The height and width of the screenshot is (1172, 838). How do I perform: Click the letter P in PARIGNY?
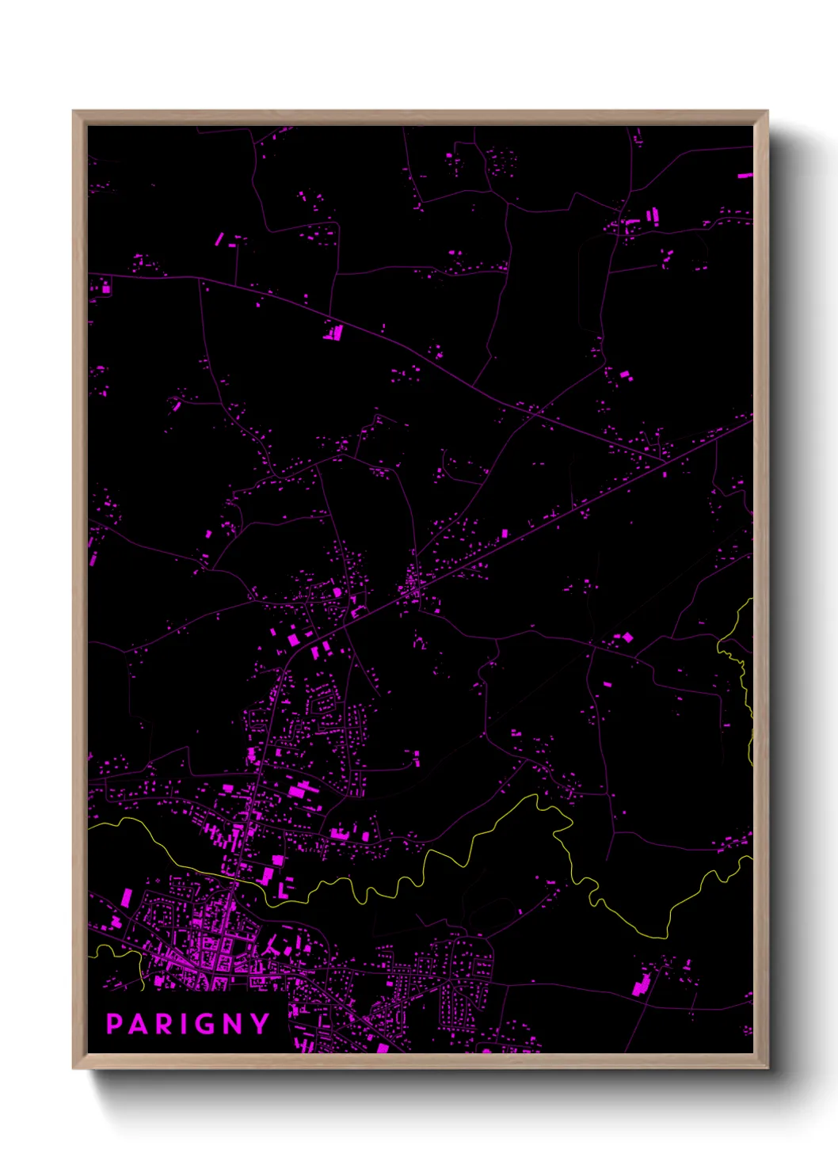point(114,1024)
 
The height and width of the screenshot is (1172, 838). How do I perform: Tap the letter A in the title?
point(138,1024)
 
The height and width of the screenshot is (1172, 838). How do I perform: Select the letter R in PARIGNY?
point(163,1024)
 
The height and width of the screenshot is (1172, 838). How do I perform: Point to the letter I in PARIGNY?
point(183,1024)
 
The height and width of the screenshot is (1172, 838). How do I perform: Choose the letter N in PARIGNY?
point(234,1024)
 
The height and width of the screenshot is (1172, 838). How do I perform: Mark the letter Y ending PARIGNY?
point(261,1024)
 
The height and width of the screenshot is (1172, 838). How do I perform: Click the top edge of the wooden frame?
point(420,117)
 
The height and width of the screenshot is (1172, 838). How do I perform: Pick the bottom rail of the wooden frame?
point(420,1061)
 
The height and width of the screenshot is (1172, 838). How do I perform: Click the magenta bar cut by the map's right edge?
point(745,175)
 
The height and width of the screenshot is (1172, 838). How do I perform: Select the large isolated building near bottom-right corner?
point(639,987)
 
